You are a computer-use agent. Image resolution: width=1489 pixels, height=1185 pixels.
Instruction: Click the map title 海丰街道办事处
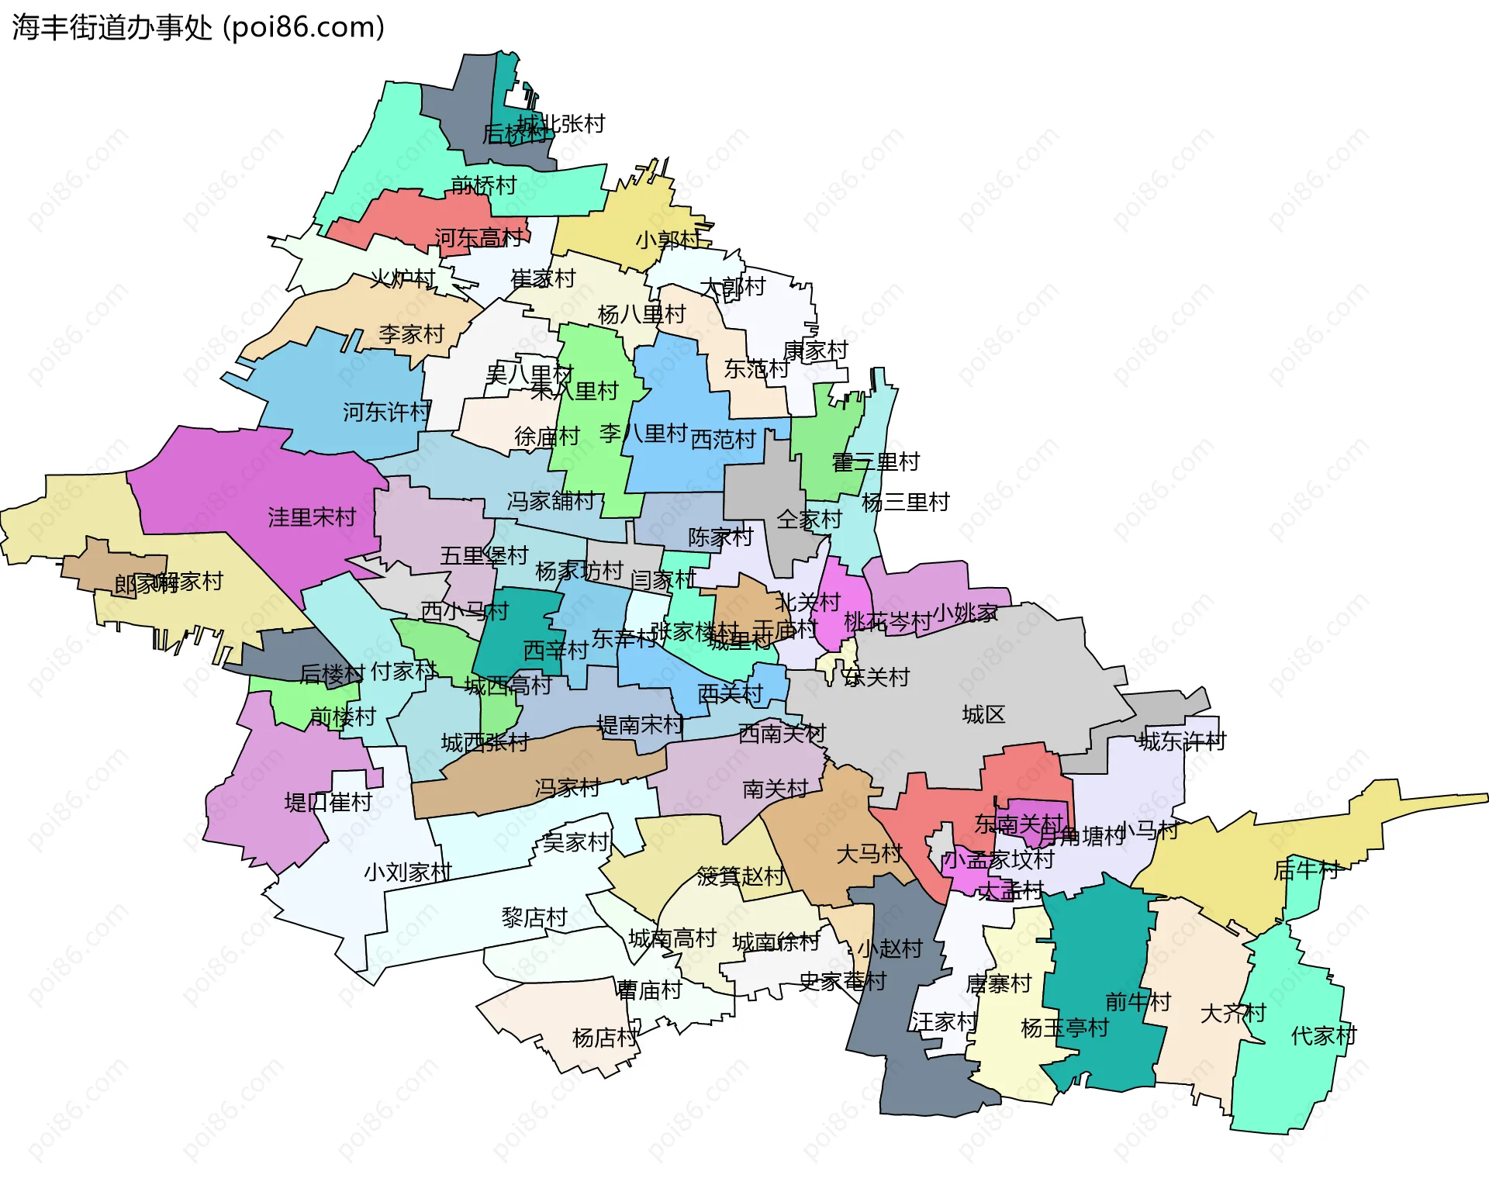pos(112,28)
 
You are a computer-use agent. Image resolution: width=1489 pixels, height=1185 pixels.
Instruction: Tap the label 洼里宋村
pos(312,517)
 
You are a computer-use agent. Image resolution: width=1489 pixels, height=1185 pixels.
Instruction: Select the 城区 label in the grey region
pos(983,714)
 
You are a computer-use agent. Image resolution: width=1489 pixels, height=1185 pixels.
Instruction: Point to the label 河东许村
pos(386,412)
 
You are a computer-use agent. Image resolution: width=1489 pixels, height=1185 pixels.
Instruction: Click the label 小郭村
pos(668,240)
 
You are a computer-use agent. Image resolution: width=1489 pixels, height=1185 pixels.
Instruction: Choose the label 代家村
pos(1323,1035)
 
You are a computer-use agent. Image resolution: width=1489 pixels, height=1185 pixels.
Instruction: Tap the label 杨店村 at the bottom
pos(605,1038)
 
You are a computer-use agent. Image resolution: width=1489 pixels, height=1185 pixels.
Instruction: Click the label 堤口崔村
pos(328,802)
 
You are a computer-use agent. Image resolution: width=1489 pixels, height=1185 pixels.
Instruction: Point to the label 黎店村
pos(534,918)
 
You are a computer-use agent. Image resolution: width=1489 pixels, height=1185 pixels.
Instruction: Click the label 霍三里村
pos(876,462)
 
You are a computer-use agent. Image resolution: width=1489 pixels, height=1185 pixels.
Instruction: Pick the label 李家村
pos(411,334)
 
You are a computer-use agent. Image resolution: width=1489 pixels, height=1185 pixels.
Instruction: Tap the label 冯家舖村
pos(551,501)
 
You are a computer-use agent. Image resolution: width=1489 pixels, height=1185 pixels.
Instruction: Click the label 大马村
pos(869,854)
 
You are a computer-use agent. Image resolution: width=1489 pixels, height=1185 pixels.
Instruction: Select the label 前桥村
pos(483,185)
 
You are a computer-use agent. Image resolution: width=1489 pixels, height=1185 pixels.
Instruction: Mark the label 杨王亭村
pos(1065,1028)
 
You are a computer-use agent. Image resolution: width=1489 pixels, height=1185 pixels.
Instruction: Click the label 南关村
pos(776,789)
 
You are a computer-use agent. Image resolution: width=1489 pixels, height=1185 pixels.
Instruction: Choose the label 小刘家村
pos(408,872)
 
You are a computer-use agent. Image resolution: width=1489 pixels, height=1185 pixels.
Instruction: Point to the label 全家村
pos(809,520)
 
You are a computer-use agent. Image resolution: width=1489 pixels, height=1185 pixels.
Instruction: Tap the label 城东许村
pos(1182,741)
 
